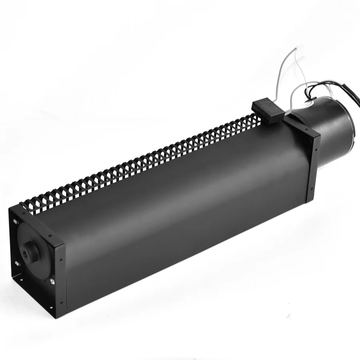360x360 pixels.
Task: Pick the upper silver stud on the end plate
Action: (16, 221)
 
